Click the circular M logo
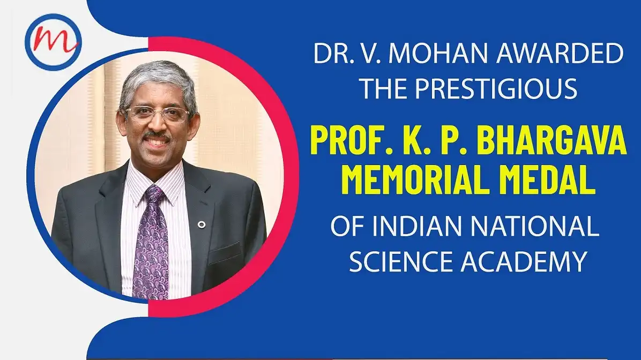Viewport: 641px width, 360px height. click(53, 42)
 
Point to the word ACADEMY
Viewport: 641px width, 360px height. click(524, 261)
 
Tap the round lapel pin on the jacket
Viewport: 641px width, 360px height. click(202, 224)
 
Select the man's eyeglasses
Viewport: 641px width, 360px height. click(156, 114)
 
